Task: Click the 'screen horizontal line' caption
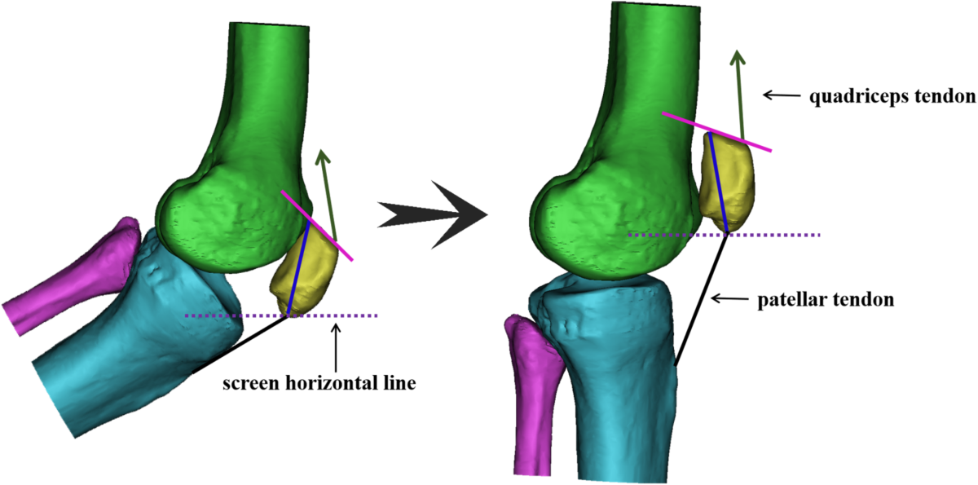click(x=319, y=383)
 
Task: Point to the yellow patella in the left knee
click(x=314, y=277)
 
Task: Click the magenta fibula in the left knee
click(x=73, y=277)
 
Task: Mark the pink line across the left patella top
click(x=318, y=226)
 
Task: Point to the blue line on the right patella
click(x=718, y=183)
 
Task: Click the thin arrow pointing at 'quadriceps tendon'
click(x=778, y=95)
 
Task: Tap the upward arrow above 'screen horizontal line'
click(x=337, y=346)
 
